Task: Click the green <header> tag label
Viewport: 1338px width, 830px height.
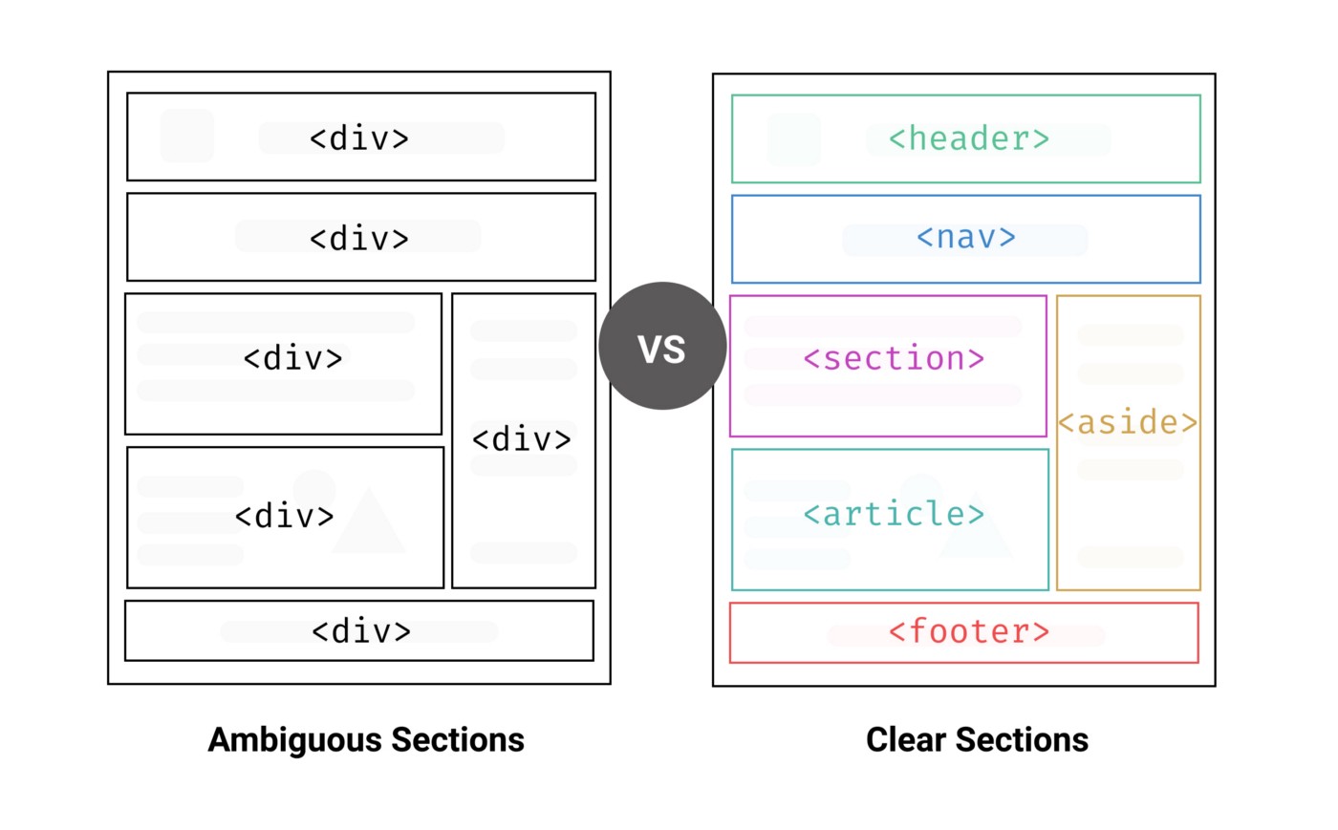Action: (x=968, y=139)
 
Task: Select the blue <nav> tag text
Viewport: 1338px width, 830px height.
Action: (x=965, y=237)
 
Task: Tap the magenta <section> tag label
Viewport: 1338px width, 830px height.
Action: (x=894, y=359)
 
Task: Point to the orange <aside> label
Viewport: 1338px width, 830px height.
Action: (x=1128, y=422)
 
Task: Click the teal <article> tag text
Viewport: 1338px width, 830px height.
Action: (x=894, y=515)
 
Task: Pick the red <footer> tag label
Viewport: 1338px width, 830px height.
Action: (x=968, y=631)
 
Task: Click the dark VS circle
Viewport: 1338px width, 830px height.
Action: (x=662, y=347)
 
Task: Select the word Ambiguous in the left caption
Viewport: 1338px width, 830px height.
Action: (x=292, y=740)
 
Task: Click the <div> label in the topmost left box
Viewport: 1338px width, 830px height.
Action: (x=359, y=139)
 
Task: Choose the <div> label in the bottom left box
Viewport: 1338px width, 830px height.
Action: (x=361, y=631)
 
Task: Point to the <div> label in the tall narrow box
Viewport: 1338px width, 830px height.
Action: (x=522, y=439)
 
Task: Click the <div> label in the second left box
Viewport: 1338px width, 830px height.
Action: (x=359, y=238)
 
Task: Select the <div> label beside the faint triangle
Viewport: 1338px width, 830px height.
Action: (x=285, y=517)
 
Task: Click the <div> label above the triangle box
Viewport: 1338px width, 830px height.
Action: (x=292, y=359)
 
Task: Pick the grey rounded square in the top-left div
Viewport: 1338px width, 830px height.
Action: (x=187, y=136)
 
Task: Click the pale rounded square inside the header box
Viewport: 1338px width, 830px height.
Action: (x=794, y=139)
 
